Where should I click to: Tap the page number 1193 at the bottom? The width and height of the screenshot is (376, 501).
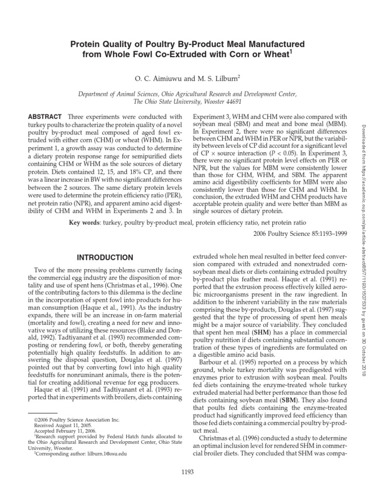tap(188, 472)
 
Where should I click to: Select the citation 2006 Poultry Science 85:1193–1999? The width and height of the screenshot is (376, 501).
tap(301, 234)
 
